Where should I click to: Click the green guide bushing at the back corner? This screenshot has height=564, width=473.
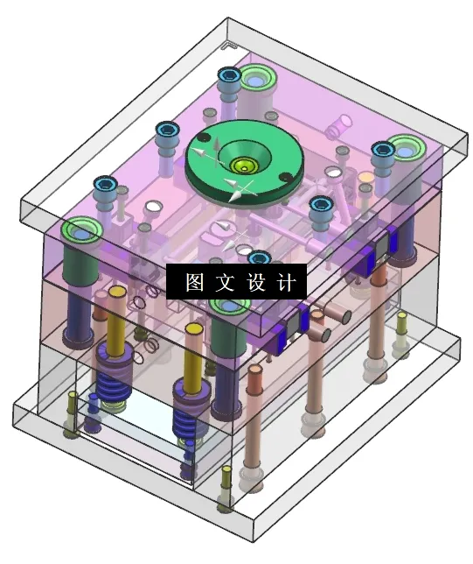pyautogui.click(x=258, y=80)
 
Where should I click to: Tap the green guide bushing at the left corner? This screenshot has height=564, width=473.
pyautogui.click(x=80, y=232)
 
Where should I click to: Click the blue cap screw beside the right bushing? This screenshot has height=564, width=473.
pyautogui.click(x=382, y=150)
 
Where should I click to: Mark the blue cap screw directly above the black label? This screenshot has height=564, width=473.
pyautogui.click(x=258, y=259)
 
